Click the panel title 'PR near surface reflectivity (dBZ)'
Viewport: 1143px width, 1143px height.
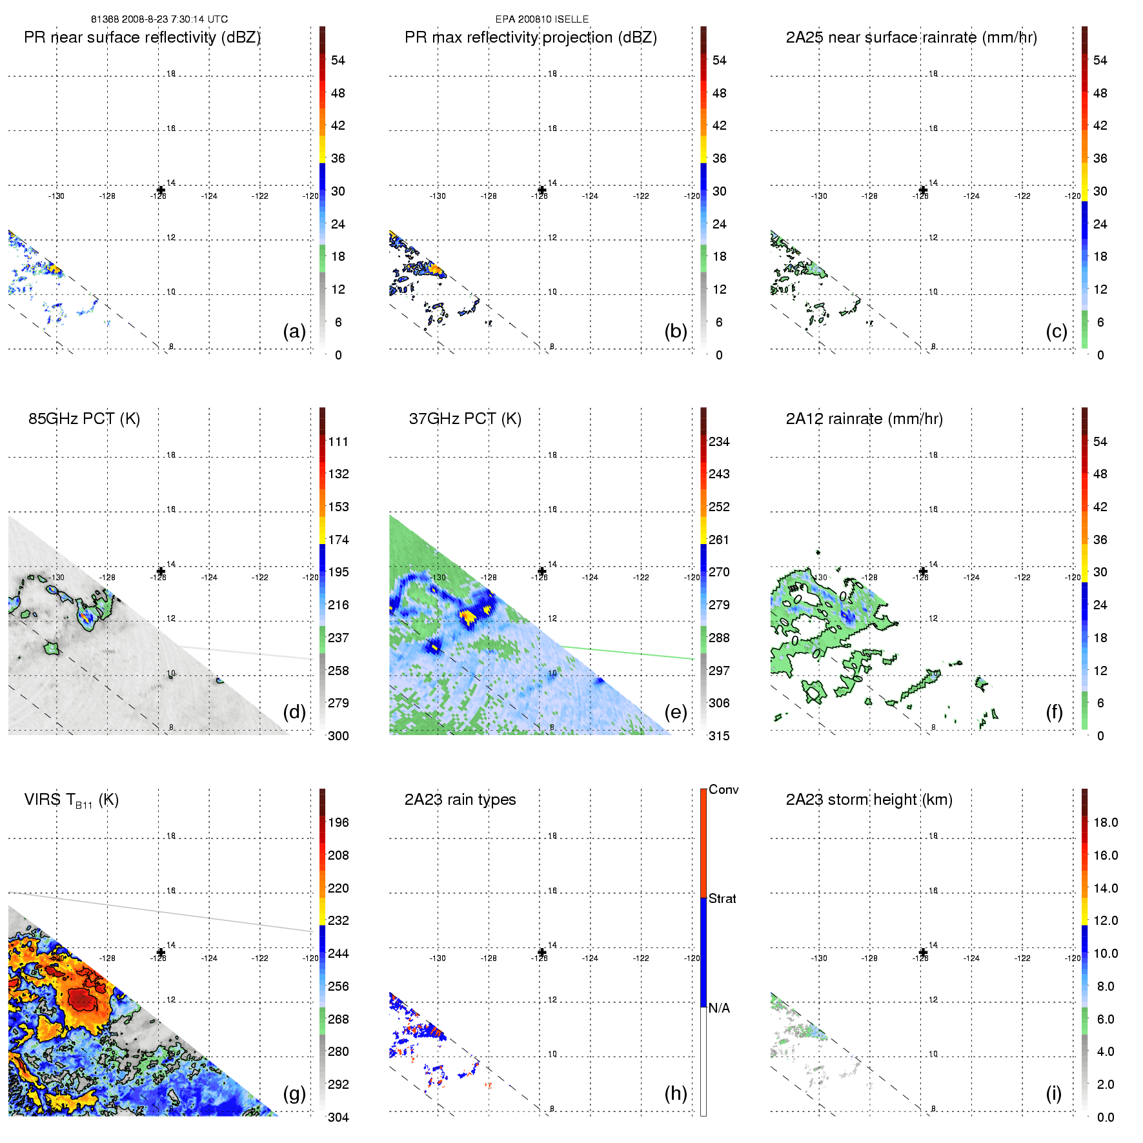pyautogui.click(x=142, y=37)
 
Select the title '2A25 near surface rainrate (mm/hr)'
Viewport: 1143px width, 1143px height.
pyautogui.click(x=911, y=37)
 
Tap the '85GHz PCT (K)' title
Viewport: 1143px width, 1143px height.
pyautogui.click(x=84, y=419)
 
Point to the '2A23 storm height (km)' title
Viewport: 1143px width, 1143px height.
pyautogui.click(x=869, y=800)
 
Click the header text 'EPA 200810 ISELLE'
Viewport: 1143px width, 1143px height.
pyautogui.click(x=541, y=19)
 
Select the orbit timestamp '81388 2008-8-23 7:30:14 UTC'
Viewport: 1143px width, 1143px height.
pyautogui.click(x=159, y=19)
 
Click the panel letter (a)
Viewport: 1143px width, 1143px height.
pyautogui.click(x=294, y=331)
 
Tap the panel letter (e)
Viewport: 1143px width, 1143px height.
pyautogui.click(x=676, y=712)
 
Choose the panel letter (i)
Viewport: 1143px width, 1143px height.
pyautogui.click(x=1053, y=1093)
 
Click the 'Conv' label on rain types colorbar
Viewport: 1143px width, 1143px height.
pyautogui.click(x=723, y=789)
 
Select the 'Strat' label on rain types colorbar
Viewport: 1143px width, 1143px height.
pyautogui.click(x=722, y=898)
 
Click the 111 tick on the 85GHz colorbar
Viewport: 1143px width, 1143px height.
pyautogui.click(x=338, y=441)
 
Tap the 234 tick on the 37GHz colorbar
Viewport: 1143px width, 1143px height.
pyautogui.click(x=719, y=441)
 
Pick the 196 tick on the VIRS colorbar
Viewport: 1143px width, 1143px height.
pyautogui.click(x=338, y=822)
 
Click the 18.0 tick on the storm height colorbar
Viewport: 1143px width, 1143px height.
pyautogui.click(x=1105, y=822)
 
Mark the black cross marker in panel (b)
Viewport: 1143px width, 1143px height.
pyautogui.click(x=542, y=190)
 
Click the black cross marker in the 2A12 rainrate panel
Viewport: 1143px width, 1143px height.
pyautogui.click(x=923, y=571)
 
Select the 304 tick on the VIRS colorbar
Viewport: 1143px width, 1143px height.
pyautogui.click(x=338, y=1117)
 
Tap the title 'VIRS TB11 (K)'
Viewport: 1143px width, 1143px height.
pyautogui.click(x=71, y=800)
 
